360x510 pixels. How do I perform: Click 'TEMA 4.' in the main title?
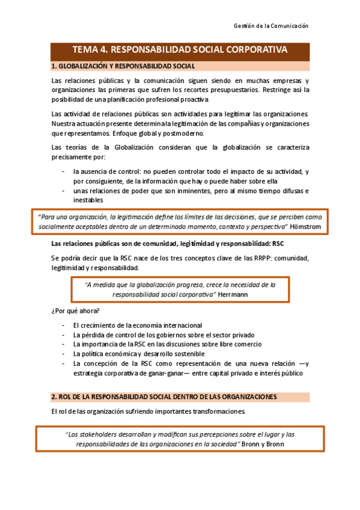90,50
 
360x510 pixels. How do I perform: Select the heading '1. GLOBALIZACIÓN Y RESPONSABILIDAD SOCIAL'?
123,66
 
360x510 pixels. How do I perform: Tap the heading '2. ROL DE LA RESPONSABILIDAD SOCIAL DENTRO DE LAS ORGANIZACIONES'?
164,397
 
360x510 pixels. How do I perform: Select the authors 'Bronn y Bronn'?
262,444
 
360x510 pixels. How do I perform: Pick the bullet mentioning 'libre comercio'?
167,344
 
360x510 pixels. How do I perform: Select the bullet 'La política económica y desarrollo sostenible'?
144,354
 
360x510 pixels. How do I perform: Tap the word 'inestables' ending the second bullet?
88,200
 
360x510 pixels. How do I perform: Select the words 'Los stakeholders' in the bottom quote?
90,434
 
